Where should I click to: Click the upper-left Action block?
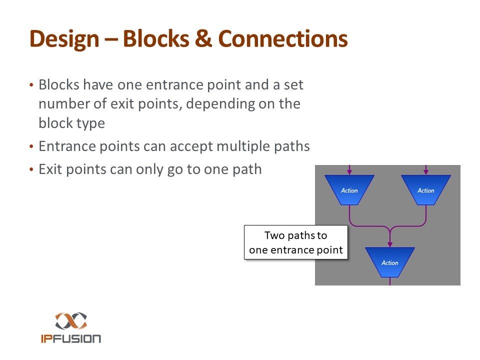coord(349,190)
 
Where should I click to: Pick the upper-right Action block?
coord(426,190)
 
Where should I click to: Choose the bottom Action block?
coord(389,262)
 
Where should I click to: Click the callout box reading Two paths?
coord(296,242)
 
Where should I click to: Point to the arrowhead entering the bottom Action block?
coord(389,244)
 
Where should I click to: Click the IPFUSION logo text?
coord(71,338)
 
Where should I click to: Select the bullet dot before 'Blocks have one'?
coord(31,85)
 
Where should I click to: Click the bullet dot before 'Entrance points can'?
coord(31,147)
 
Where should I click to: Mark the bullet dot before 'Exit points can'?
coord(31,170)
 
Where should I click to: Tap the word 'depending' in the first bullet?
coord(196,104)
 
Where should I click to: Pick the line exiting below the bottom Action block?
coord(389,282)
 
